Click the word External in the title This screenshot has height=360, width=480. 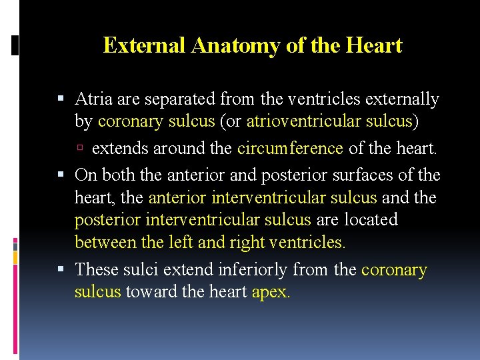click(144, 45)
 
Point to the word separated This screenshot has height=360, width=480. click(176, 99)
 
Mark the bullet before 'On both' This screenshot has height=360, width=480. click(63, 175)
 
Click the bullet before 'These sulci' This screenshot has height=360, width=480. click(63, 269)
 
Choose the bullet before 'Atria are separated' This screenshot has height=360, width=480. click(63, 100)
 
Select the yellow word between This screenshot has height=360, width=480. click(101, 242)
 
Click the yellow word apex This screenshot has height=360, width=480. click(271, 292)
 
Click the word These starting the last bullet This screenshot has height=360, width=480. click(97, 269)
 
